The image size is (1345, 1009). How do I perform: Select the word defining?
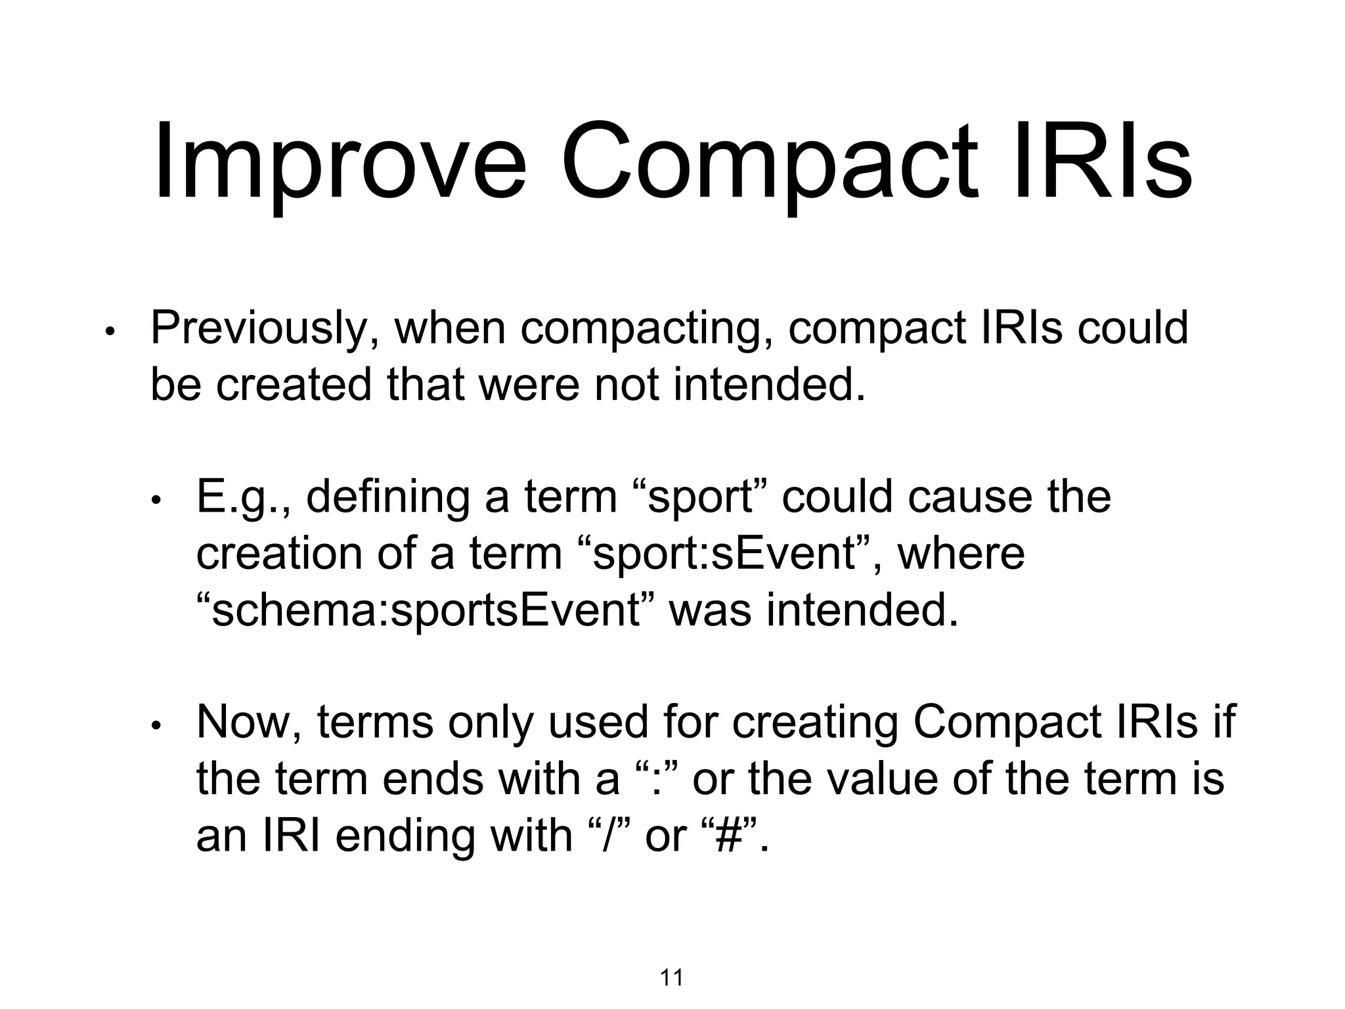pyautogui.click(x=387, y=497)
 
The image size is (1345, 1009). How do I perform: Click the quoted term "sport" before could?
pyautogui.click(x=700, y=497)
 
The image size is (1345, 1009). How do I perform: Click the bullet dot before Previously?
pyautogui.click(x=110, y=332)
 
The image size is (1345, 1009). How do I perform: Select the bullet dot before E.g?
pyautogui.click(x=156, y=501)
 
